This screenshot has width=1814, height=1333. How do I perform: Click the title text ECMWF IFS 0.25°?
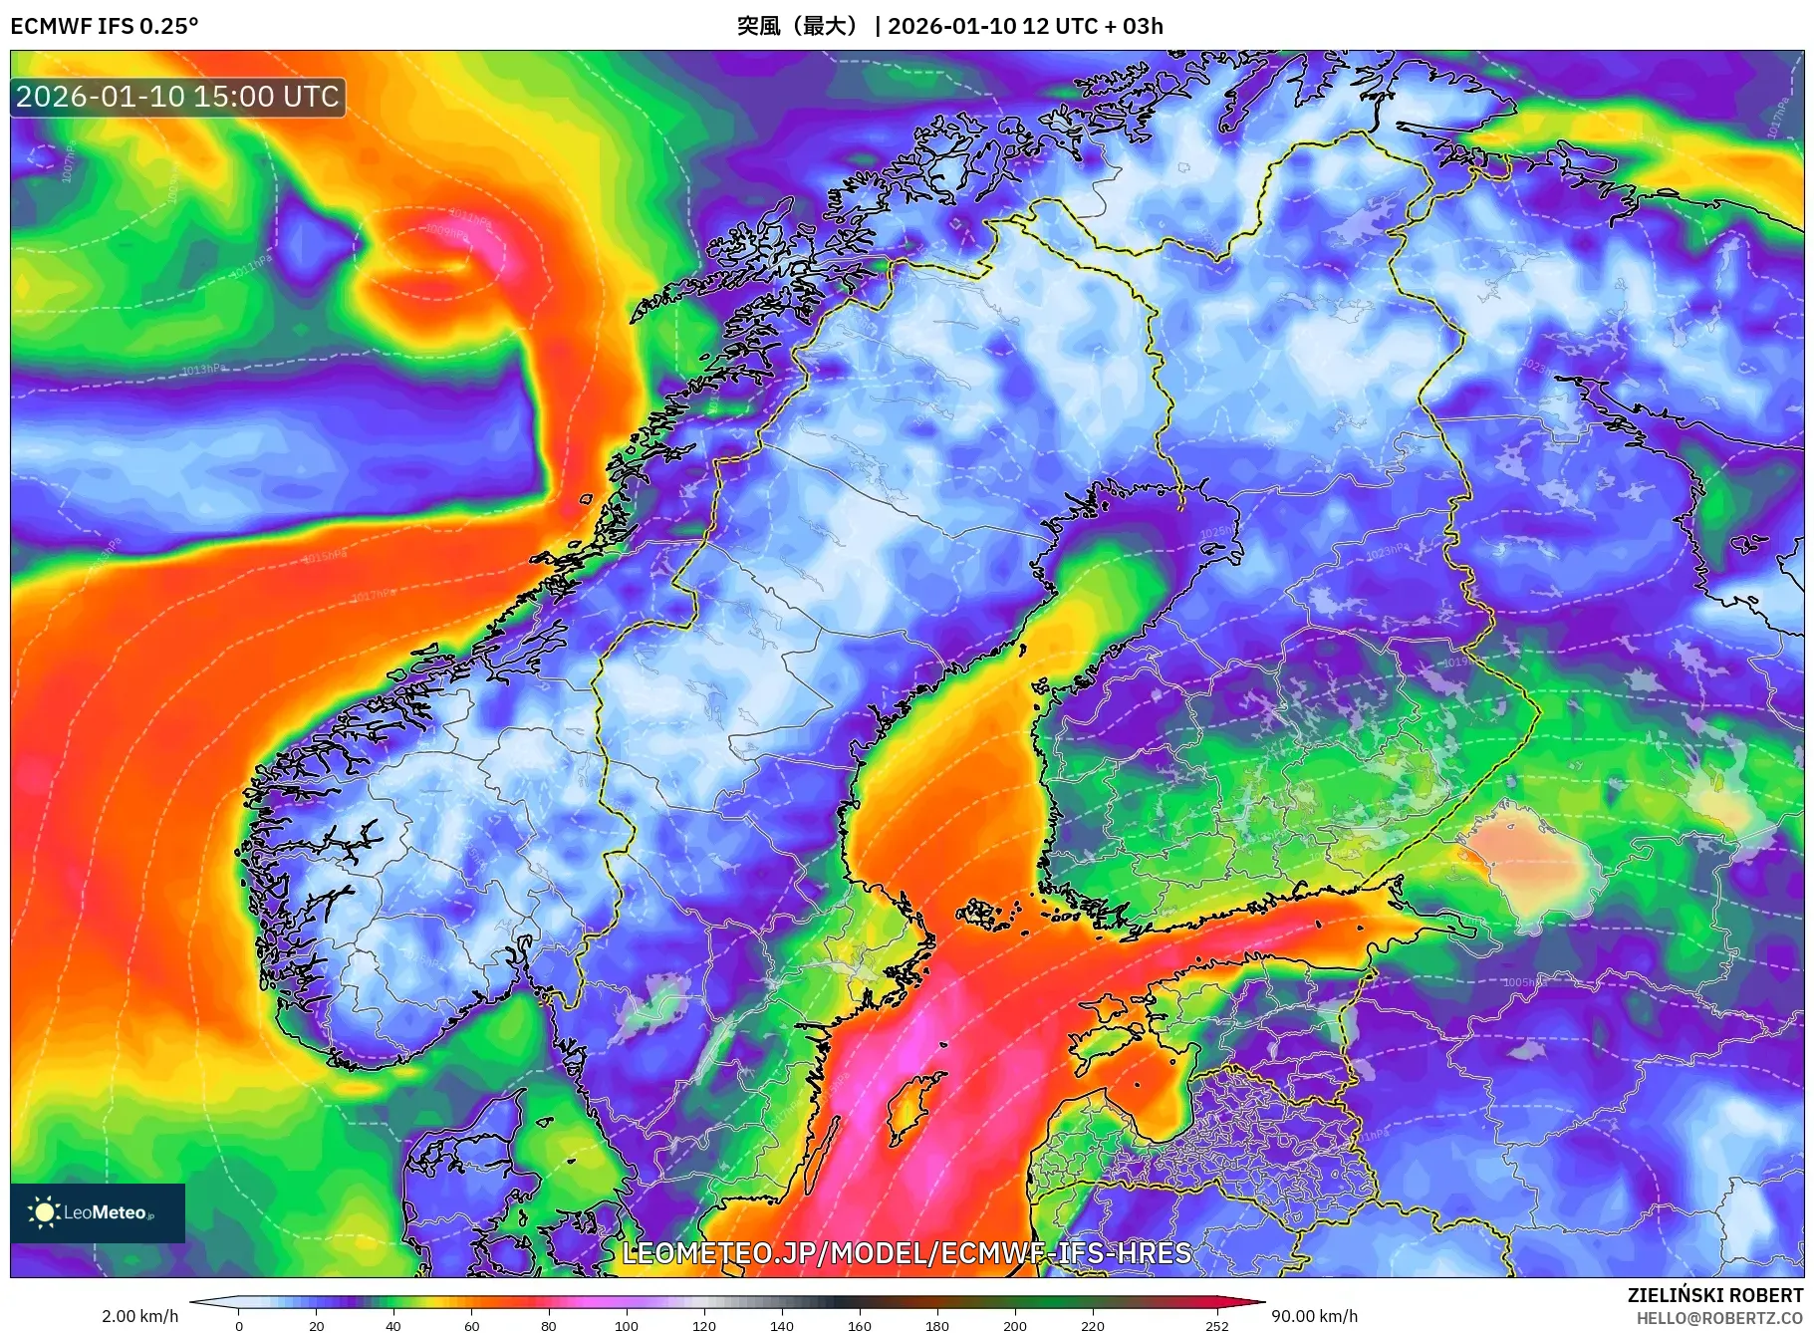pyautogui.click(x=105, y=26)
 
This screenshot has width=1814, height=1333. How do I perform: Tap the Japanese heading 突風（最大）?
pyautogui.click(x=797, y=26)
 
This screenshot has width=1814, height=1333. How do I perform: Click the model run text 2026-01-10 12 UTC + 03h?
pyautogui.click(x=1025, y=26)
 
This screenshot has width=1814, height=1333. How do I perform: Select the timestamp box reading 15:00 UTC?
pyautogui.click(x=178, y=97)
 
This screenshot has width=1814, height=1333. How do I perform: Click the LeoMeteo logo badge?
pyautogui.click(x=98, y=1212)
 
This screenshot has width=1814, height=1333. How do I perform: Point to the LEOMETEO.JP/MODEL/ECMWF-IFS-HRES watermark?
pyautogui.click(x=907, y=1252)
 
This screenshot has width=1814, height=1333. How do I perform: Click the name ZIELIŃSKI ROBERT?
pyautogui.click(x=1714, y=1295)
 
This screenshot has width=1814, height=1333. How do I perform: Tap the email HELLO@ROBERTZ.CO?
pyautogui.click(x=1719, y=1318)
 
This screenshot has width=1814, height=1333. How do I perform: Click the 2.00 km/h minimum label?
pyautogui.click(x=140, y=1316)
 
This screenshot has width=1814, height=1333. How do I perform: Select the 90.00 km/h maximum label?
pyautogui.click(x=1314, y=1316)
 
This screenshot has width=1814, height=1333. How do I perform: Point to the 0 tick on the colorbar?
pyautogui.click(x=239, y=1326)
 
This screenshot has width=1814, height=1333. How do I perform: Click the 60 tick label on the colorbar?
pyautogui.click(x=471, y=1326)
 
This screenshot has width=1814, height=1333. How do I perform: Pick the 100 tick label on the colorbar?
pyautogui.click(x=627, y=1326)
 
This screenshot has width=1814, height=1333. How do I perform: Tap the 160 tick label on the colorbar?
pyautogui.click(x=860, y=1326)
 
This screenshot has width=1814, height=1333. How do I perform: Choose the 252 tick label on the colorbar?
pyautogui.click(x=1217, y=1326)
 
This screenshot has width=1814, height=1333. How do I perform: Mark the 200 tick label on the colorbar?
pyautogui.click(x=1015, y=1326)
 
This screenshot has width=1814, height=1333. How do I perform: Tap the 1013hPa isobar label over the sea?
pyautogui.click(x=202, y=370)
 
